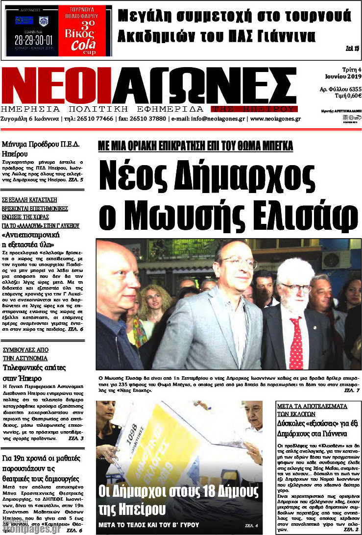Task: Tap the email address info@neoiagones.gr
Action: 218,119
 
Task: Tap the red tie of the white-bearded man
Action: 295,342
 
